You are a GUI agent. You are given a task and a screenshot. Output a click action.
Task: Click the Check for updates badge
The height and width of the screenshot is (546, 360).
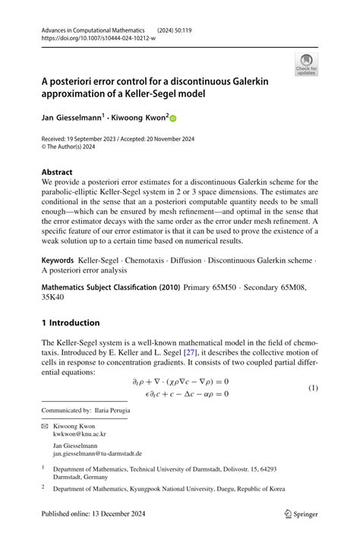(x=306, y=64)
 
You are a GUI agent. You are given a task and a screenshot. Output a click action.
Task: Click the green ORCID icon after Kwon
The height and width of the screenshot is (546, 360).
(x=172, y=119)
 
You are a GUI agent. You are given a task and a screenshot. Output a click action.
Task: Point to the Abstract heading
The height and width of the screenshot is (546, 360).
(x=58, y=172)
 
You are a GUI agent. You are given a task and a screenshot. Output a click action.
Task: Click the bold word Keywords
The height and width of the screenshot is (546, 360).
(x=62, y=260)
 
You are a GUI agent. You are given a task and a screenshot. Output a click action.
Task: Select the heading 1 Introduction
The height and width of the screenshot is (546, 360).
(x=71, y=323)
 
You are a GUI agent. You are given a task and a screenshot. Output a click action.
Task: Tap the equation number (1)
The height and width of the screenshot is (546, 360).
(x=313, y=388)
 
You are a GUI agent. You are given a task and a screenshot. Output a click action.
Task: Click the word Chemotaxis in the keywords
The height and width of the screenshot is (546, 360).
(x=150, y=260)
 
